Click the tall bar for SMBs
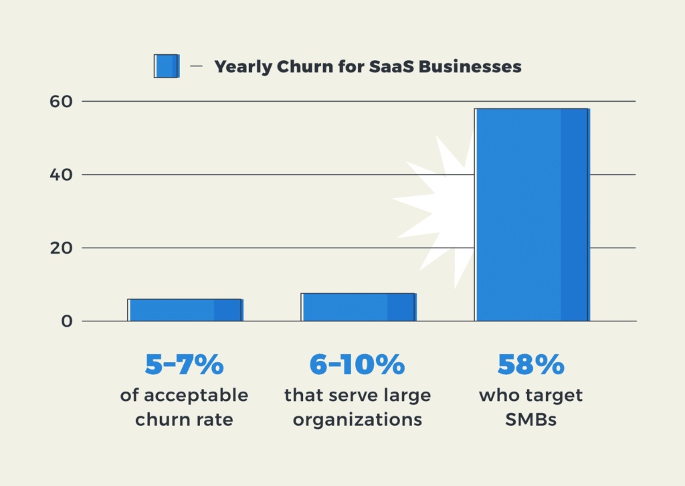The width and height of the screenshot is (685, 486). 532,214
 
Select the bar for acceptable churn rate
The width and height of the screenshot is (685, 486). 185,310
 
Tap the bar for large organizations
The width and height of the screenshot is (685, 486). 359,307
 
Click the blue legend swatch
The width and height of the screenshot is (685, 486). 167,66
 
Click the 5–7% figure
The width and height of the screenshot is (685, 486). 184,364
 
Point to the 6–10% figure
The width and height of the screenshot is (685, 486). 357,364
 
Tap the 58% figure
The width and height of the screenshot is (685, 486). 531,364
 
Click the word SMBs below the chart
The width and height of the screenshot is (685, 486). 531,420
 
